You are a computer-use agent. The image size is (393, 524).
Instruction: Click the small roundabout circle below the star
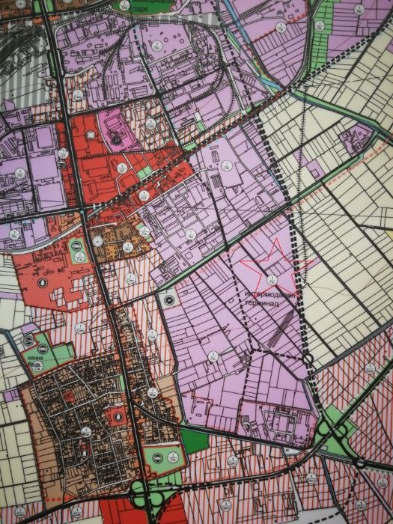coord(308,362)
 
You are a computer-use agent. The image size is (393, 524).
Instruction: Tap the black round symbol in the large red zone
coord(43,283)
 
